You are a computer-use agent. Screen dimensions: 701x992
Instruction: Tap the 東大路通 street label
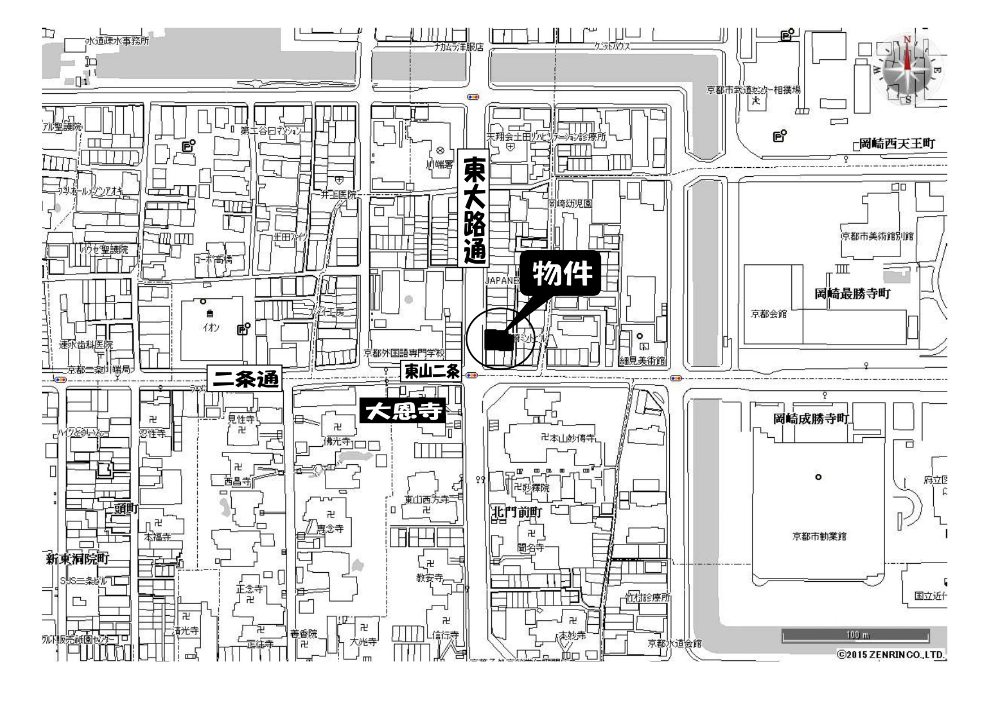(x=473, y=208)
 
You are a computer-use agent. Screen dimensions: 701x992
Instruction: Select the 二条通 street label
(x=245, y=379)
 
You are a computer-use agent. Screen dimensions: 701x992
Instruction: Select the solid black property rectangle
(x=498, y=339)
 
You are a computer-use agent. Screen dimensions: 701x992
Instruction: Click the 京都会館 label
(x=768, y=314)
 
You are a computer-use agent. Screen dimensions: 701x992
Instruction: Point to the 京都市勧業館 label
(x=819, y=536)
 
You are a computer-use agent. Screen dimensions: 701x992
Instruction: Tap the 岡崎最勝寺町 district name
(x=852, y=294)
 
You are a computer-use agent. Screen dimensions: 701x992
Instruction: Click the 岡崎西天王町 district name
(x=896, y=144)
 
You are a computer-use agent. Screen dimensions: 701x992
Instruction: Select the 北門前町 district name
(x=517, y=513)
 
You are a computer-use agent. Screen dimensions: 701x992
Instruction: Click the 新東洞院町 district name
(x=77, y=559)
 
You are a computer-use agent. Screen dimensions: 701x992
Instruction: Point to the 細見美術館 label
(x=643, y=360)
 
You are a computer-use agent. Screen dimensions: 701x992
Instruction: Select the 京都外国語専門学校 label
(x=404, y=354)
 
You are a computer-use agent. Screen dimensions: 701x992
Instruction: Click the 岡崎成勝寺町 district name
(x=812, y=419)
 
